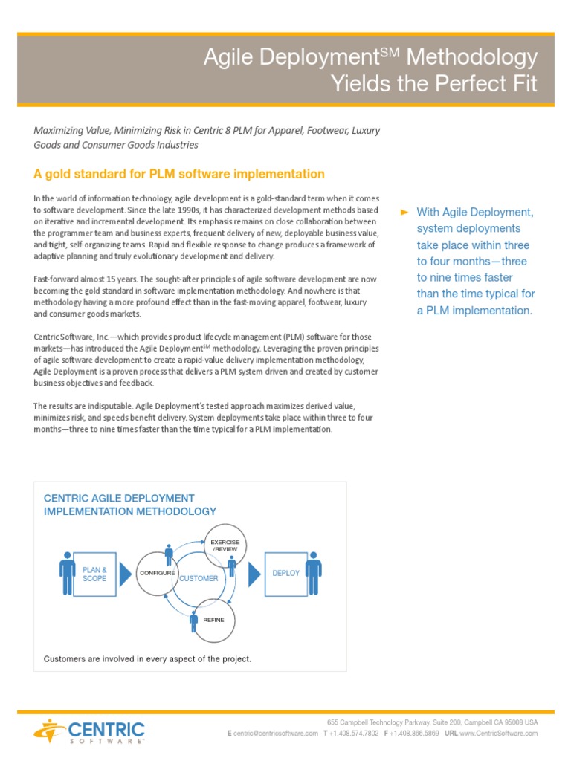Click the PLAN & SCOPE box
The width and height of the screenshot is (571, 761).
[x=94, y=574]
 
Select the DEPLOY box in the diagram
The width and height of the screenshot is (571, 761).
[x=285, y=574]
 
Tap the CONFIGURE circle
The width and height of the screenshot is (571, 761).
[x=156, y=574]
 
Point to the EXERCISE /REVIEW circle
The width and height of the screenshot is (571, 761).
[x=225, y=546]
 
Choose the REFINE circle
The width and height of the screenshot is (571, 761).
[x=213, y=619]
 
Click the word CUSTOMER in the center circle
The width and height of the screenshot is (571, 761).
[x=199, y=578]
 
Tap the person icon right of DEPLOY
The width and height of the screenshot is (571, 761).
[x=313, y=573]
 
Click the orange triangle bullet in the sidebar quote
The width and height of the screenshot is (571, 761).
[x=404, y=213]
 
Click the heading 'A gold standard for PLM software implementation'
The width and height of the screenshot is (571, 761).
[x=179, y=174]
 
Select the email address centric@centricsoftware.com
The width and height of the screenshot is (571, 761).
[x=276, y=734]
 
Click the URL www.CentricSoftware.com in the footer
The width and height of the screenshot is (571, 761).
[x=498, y=734]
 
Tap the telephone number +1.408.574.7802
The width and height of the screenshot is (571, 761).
[x=355, y=734]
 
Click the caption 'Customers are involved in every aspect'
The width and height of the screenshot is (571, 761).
[x=148, y=658]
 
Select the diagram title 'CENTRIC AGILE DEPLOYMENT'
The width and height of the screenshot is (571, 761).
[x=119, y=498]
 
